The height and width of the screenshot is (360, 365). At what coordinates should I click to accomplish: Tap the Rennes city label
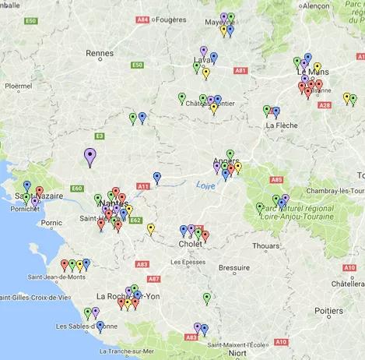[x=100, y=54]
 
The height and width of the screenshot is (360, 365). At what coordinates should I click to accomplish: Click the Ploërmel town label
[x=18, y=87]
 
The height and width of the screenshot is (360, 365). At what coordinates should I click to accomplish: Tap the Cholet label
[x=191, y=243]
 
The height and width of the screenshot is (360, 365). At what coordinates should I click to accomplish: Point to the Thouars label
[x=266, y=245]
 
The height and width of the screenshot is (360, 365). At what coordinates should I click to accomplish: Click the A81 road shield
[x=240, y=70]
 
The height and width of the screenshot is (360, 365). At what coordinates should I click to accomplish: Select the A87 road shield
[x=153, y=278]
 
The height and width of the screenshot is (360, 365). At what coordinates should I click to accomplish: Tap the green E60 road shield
[x=76, y=188]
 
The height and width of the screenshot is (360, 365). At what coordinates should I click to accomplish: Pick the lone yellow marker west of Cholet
[x=150, y=228]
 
